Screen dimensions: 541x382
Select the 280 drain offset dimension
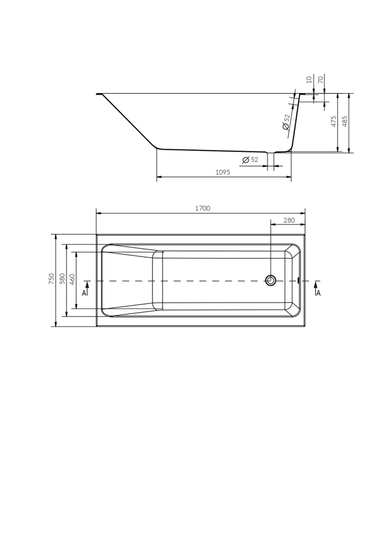(x=289, y=220)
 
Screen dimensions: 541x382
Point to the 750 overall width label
(x=50, y=279)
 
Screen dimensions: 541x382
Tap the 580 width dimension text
(x=62, y=279)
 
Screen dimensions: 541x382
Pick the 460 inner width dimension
(x=72, y=279)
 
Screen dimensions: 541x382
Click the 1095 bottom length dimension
(x=223, y=173)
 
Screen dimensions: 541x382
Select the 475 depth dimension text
(x=334, y=121)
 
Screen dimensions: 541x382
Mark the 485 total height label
(x=346, y=121)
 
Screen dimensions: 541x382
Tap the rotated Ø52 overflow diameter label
(x=286, y=122)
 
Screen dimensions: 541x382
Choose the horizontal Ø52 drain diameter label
(x=250, y=160)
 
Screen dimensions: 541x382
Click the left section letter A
(x=84, y=293)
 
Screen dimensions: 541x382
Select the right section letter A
(x=318, y=293)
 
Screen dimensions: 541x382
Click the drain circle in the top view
(x=270, y=280)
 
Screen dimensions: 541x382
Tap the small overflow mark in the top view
(x=298, y=280)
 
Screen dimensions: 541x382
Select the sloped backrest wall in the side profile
(x=129, y=122)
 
